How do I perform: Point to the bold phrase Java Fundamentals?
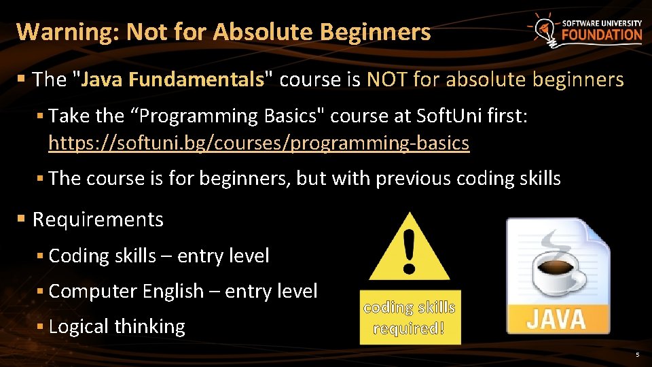point(173,80)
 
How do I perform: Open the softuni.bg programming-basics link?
point(259,143)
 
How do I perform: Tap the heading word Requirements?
point(98,220)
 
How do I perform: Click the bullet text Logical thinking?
point(117,326)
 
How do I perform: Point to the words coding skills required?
point(410,318)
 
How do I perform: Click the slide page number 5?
point(637,355)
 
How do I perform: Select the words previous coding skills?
point(468,179)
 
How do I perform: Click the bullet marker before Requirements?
point(21,220)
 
